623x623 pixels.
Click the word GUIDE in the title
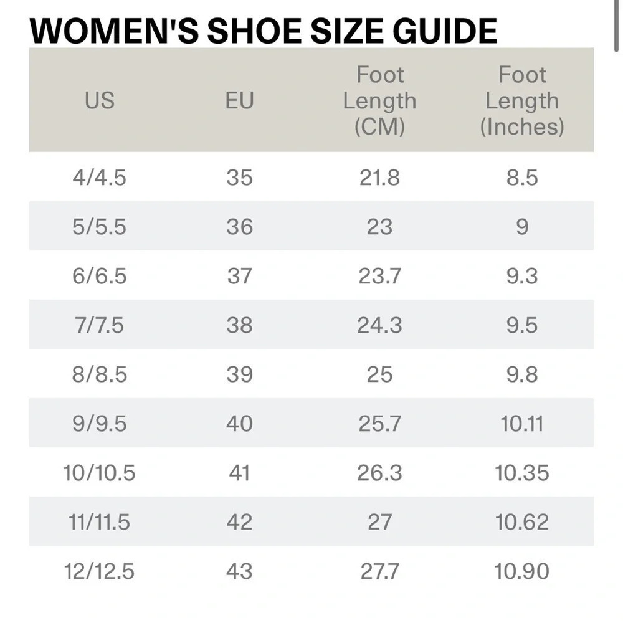445,31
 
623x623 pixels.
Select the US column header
99,100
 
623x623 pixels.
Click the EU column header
240,100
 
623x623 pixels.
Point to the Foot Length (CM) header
380,100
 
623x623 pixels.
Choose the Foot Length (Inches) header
522,100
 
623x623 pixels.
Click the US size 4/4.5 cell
99,177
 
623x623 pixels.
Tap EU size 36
240,227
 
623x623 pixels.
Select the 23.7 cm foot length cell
380,276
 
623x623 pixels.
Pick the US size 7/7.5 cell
99,325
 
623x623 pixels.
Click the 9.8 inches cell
522,374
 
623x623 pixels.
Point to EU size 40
240,424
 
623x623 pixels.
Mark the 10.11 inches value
522,424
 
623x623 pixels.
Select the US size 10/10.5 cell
99,473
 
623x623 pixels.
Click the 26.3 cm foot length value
380,473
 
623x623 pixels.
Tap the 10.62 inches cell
522,521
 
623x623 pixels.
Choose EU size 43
240,571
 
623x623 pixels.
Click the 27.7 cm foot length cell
380,571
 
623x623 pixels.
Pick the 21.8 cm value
380,177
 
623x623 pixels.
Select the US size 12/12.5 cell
99,571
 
